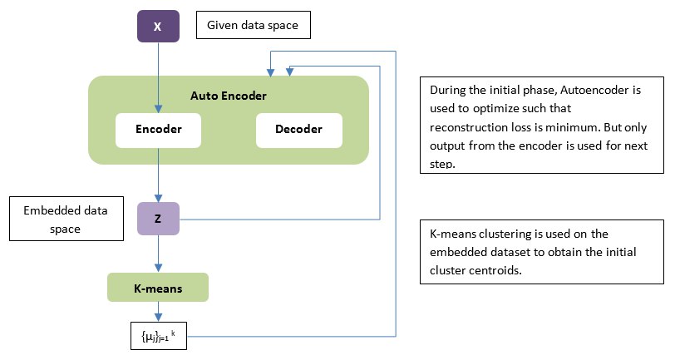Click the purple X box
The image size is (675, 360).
(x=158, y=27)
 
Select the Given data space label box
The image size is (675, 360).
(x=253, y=25)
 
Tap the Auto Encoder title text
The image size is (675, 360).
(x=228, y=96)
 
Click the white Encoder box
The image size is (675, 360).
(x=158, y=130)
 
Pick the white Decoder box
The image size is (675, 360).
(x=299, y=130)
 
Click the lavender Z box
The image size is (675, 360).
(x=158, y=219)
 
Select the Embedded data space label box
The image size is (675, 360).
(x=67, y=219)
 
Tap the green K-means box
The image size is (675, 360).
(x=158, y=287)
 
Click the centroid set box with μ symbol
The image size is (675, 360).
(x=159, y=336)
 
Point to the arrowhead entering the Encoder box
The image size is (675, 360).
(x=158, y=109)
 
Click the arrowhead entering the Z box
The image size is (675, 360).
(x=158, y=198)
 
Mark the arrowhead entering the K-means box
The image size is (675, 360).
(x=158, y=268)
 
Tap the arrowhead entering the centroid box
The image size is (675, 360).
(x=158, y=318)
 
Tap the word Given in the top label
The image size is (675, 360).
(x=222, y=25)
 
